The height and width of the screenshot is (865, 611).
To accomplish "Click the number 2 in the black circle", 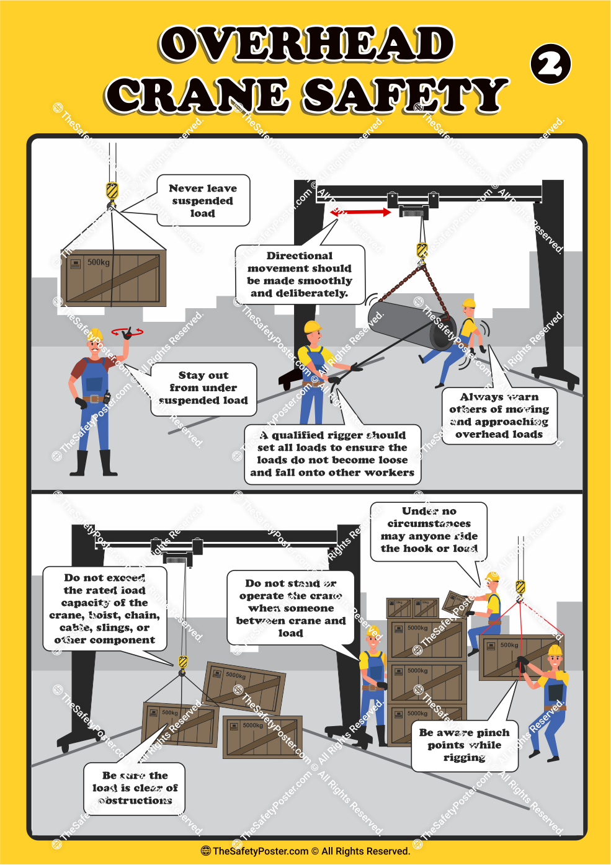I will point(550,64).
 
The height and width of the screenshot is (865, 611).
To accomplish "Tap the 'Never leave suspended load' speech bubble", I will point(203,201).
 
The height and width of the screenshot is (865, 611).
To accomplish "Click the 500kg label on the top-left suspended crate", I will point(98,262).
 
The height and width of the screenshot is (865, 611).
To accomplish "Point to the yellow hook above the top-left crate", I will point(112,191).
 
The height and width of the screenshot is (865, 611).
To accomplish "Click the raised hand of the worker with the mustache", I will point(128,334).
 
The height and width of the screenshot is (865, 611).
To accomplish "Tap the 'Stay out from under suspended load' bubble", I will point(203,388).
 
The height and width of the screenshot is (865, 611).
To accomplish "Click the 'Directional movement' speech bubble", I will point(300,274).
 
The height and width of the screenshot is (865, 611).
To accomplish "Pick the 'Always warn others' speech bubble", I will point(499,415).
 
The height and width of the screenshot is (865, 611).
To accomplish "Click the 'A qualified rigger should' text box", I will point(332,454).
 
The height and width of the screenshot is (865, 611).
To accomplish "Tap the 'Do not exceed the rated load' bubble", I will point(105,608).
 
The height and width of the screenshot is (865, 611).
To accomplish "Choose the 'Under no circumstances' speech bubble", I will point(429,530).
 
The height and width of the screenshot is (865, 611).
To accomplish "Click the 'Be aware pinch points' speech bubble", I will point(464,745).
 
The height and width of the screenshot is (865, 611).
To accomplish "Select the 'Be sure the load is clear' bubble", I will point(135,788).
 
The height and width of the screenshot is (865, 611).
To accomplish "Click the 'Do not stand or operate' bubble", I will point(290,608).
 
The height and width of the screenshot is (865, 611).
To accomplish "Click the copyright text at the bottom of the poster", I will point(305,851).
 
